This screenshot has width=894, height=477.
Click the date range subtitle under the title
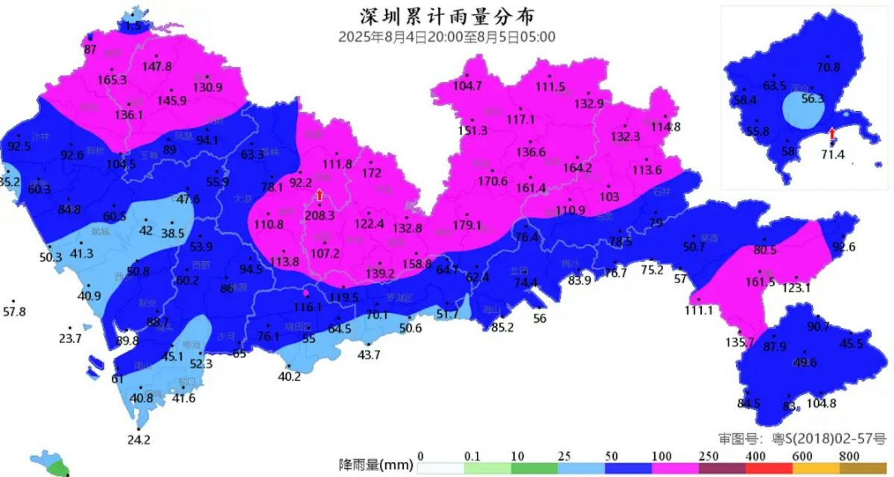446,37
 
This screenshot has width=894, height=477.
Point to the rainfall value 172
371,173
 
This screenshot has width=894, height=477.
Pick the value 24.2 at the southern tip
139,440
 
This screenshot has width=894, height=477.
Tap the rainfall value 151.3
472,130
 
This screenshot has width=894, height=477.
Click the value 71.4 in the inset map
832,154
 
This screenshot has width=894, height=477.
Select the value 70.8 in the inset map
828,67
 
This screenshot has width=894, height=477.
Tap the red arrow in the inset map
832,133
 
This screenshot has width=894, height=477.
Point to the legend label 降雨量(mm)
375,466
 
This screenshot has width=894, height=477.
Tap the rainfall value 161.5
760,282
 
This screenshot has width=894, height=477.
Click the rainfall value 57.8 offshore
13,311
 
